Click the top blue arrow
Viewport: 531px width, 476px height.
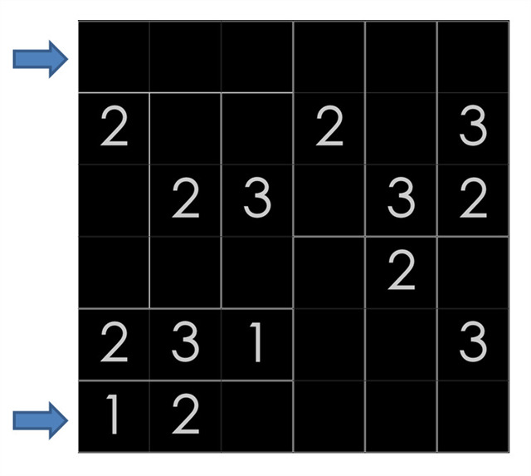point(40,58)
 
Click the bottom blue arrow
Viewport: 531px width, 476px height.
point(40,420)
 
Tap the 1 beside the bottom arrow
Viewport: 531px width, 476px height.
point(114,416)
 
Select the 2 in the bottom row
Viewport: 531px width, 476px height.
point(185,416)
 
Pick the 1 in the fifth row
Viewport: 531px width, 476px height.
point(256,344)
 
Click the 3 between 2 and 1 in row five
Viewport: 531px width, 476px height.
point(185,344)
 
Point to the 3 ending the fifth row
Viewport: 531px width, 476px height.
point(472,344)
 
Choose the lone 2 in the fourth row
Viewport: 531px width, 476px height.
point(401,272)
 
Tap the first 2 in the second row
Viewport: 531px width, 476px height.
point(114,129)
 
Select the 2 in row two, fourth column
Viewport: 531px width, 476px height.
point(329,129)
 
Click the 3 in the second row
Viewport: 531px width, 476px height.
point(472,129)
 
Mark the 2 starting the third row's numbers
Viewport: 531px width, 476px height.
point(185,200)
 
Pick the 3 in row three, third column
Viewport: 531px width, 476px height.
point(256,200)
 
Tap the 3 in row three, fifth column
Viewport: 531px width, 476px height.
point(401,200)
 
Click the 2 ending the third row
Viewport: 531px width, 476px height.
point(472,200)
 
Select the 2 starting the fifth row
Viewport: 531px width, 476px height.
point(114,344)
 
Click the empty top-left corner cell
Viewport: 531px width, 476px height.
point(114,57)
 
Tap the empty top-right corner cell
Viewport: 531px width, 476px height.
point(472,57)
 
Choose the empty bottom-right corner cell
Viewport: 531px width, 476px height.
point(472,416)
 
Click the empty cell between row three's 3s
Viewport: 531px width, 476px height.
point(329,200)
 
